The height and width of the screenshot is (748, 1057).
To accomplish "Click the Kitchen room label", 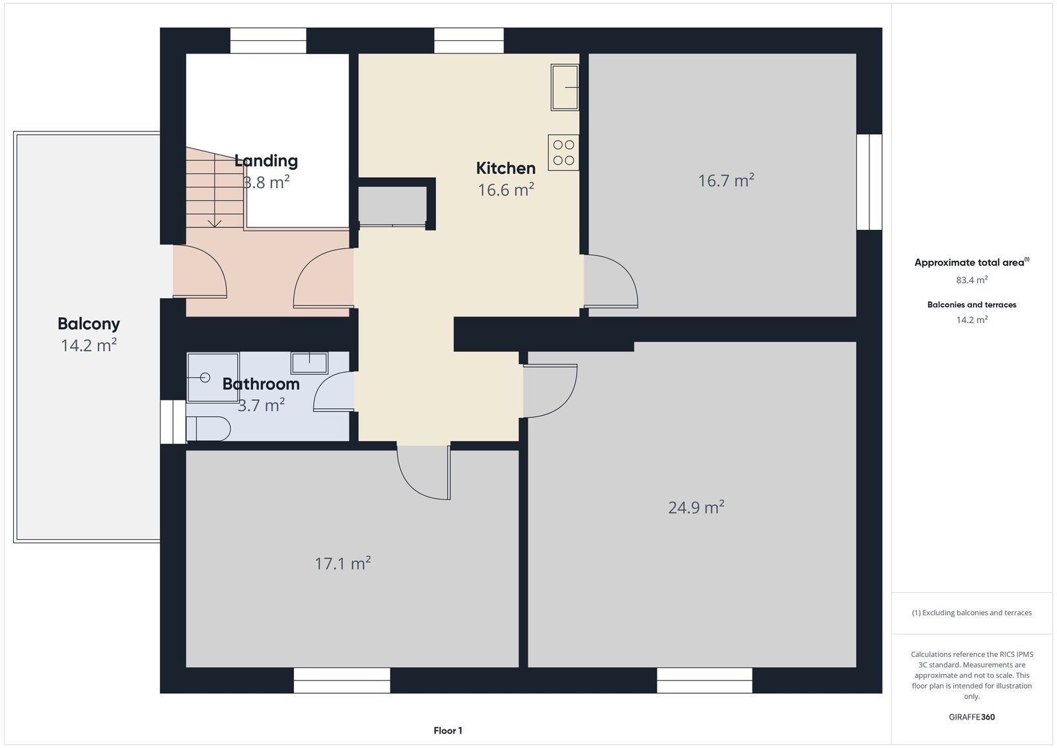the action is point(505,168).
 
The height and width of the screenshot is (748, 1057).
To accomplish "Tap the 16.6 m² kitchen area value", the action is point(506,190).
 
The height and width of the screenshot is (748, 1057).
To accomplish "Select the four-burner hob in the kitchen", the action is point(564,153).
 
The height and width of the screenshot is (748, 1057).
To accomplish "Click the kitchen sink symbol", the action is point(565,87).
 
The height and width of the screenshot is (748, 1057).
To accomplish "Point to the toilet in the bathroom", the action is point(208,428).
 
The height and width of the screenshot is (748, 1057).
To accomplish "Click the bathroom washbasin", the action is point(309,363).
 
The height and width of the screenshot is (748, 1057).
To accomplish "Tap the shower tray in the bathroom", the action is point(213,377).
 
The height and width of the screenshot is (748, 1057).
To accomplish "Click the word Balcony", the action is point(89,324).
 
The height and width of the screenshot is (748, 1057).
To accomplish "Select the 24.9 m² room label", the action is point(696,507).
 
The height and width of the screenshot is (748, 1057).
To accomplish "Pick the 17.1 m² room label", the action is point(343,563).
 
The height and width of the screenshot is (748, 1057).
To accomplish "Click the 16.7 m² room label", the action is point(726,180).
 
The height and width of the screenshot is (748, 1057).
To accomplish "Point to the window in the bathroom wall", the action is point(172,422).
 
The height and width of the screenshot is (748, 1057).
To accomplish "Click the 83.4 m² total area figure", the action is point(972,280).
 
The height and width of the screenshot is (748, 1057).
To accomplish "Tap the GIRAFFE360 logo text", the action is point(972,717).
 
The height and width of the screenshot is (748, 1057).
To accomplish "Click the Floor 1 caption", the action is point(448,731).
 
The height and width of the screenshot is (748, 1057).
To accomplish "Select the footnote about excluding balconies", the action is point(972,613).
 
